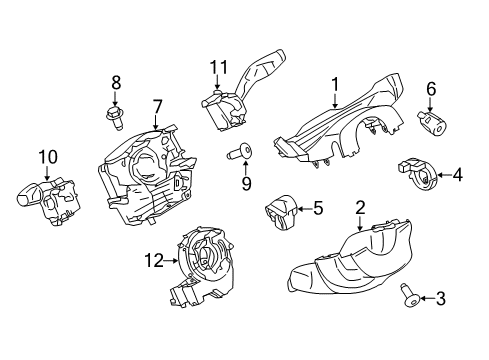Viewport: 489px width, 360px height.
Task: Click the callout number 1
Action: pyautogui.click(x=336, y=85)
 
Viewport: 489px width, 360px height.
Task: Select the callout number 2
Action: pyautogui.click(x=359, y=208)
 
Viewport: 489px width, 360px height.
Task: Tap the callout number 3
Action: pyautogui.click(x=437, y=298)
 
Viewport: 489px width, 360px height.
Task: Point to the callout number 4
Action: pyautogui.click(x=457, y=176)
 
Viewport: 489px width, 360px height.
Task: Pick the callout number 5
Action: pyautogui.click(x=318, y=209)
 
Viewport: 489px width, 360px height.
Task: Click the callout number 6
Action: pyautogui.click(x=431, y=89)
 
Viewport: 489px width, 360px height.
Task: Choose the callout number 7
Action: pyautogui.click(x=157, y=106)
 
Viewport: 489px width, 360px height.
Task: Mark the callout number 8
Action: pyautogui.click(x=116, y=82)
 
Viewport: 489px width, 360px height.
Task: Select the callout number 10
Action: pyautogui.click(x=44, y=157)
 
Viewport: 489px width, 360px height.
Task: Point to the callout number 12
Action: pyautogui.click(x=151, y=262)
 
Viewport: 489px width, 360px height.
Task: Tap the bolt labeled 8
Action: pyautogui.click(x=112, y=114)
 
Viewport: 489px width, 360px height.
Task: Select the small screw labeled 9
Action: pyautogui.click(x=239, y=154)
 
